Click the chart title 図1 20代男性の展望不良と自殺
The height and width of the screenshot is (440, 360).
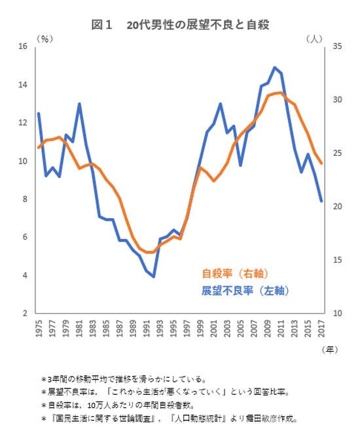(181, 25)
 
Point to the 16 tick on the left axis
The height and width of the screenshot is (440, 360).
(23, 46)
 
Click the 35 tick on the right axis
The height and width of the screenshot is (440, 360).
(338, 46)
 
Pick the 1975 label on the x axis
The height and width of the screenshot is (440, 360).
(39, 327)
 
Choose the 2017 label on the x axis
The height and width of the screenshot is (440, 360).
(321, 327)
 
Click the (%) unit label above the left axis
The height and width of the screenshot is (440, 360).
(45, 39)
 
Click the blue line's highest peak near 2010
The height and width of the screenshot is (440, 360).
(274, 67)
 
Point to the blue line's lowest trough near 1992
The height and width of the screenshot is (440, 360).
(153, 276)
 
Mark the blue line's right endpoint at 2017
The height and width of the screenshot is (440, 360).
(321, 201)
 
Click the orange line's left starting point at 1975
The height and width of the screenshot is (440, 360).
(39, 147)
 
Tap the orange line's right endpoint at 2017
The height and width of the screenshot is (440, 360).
(321, 164)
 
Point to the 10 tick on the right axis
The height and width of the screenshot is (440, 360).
(338, 314)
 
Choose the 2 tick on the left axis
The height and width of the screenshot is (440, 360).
(25, 314)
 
